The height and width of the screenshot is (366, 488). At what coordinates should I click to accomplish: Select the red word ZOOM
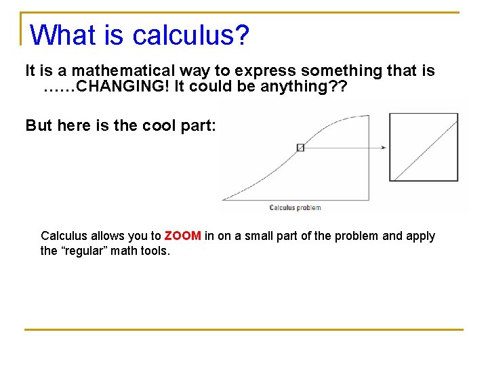click(x=182, y=236)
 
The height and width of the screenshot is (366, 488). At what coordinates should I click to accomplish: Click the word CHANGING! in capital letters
click(x=125, y=86)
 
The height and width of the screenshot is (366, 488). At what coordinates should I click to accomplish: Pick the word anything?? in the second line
click(x=302, y=86)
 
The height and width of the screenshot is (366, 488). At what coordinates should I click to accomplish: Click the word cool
click(x=160, y=125)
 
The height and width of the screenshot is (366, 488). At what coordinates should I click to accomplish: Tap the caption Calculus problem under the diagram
click(x=295, y=207)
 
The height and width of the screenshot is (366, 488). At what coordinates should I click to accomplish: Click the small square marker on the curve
click(x=301, y=147)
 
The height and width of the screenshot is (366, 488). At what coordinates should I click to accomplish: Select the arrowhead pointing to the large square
click(x=384, y=147)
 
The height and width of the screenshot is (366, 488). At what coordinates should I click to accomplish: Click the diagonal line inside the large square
click(x=426, y=148)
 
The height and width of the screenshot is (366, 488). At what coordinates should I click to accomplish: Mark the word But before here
click(x=39, y=125)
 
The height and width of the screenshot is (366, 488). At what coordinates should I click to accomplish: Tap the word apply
click(x=420, y=236)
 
